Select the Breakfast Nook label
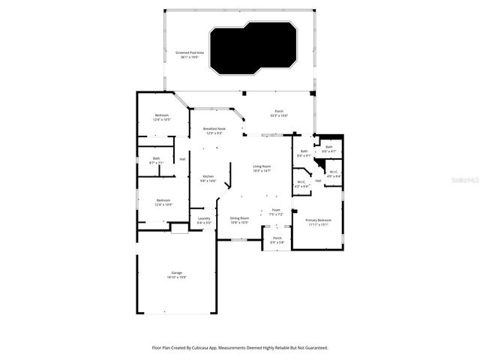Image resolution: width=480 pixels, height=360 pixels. tap(214, 130)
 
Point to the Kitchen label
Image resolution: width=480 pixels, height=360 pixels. tap(208, 178)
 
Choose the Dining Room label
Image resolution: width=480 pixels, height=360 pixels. tap(238, 219)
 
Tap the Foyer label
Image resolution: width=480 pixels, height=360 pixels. tap(276, 211)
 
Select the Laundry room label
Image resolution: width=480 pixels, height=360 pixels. tap(204, 220)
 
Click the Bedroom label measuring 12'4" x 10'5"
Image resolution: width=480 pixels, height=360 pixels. tap(161, 117)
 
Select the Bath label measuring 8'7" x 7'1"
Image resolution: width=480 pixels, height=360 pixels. tap(156, 160)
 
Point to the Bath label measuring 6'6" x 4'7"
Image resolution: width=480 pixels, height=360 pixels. tap(328, 148)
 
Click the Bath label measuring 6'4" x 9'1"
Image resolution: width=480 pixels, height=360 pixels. tap(304, 154)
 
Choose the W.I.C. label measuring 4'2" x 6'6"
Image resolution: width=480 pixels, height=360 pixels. tap(301, 183)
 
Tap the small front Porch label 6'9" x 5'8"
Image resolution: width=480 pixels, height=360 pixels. tap(277, 241)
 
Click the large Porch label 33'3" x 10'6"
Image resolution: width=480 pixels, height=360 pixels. tap(279, 114)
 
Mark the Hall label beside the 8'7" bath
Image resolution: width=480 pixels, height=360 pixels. tap(182, 159)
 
